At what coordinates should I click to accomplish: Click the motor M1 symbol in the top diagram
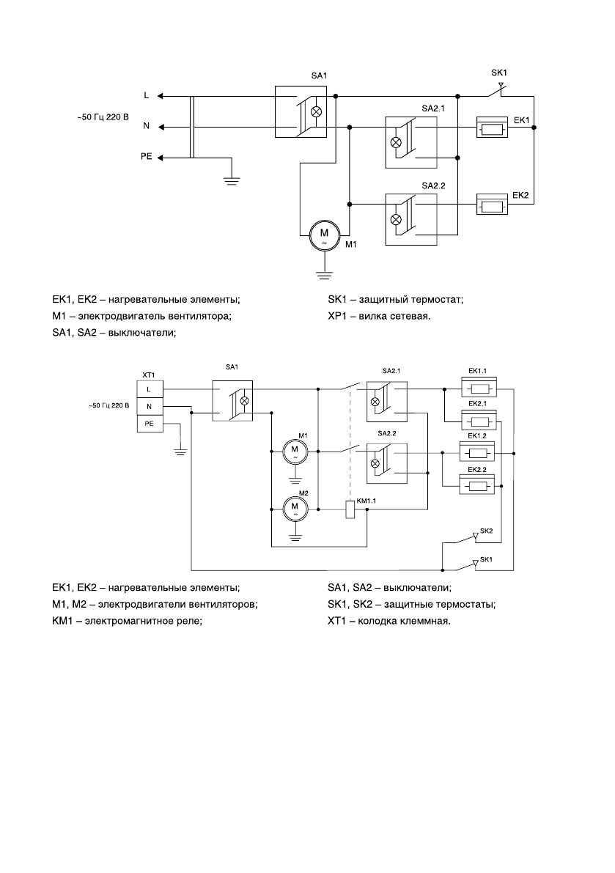[x=323, y=235]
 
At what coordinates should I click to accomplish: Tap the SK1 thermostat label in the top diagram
[x=499, y=73]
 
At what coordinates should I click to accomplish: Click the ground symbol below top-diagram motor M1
[x=323, y=275]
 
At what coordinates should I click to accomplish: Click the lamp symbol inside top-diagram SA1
[x=317, y=112]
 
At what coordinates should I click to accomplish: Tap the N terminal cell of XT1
[x=150, y=405]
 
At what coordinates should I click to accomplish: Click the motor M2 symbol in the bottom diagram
[x=295, y=507]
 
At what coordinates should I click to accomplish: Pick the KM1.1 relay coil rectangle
[x=350, y=510]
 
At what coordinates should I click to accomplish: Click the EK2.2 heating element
[x=477, y=485]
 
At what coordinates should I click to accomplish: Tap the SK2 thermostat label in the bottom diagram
[x=486, y=528]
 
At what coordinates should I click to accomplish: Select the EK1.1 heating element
[x=477, y=389]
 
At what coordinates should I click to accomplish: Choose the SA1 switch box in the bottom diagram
[x=232, y=400]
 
